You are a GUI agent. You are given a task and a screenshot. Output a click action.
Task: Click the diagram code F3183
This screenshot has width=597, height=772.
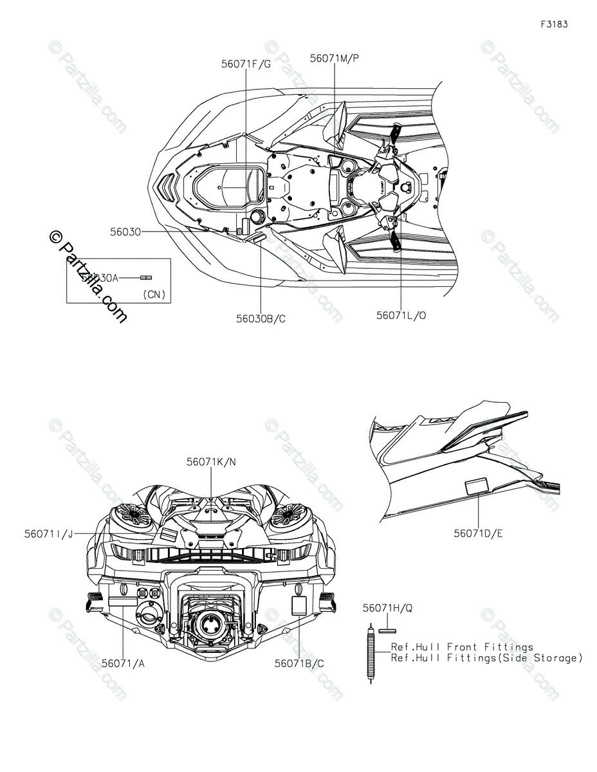pyautogui.click(x=554, y=24)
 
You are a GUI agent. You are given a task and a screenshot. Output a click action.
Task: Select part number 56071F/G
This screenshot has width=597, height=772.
pyautogui.click(x=246, y=64)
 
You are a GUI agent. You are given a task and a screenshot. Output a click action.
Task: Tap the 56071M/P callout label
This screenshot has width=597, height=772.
pyautogui.click(x=334, y=58)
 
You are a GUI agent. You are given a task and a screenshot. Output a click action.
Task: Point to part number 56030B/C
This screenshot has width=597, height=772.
pyautogui.click(x=261, y=318)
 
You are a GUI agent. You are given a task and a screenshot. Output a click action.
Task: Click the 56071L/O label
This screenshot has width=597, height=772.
pyautogui.click(x=400, y=315)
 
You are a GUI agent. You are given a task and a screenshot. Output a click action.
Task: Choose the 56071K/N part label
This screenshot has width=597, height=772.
pyautogui.click(x=211, y=461)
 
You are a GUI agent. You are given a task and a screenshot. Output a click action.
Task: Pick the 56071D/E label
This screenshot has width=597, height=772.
pyautogui.click(x=478, y=533)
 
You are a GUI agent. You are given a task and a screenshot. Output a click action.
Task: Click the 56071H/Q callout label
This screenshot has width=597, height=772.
pyautogui.click(x=387, y=607)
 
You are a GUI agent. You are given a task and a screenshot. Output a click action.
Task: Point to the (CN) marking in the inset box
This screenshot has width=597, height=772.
pyautogui.click(x=153, y=295)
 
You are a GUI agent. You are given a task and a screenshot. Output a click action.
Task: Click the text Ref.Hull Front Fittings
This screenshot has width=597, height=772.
pyautogui.click(x=462, y=647)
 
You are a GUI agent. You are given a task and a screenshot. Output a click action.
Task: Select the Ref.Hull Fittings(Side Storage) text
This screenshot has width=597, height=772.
pyautogui.click(x=486, y=657)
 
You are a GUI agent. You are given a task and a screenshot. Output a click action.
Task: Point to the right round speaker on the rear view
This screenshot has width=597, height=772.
pyautogui.click(x=288, y=515)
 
